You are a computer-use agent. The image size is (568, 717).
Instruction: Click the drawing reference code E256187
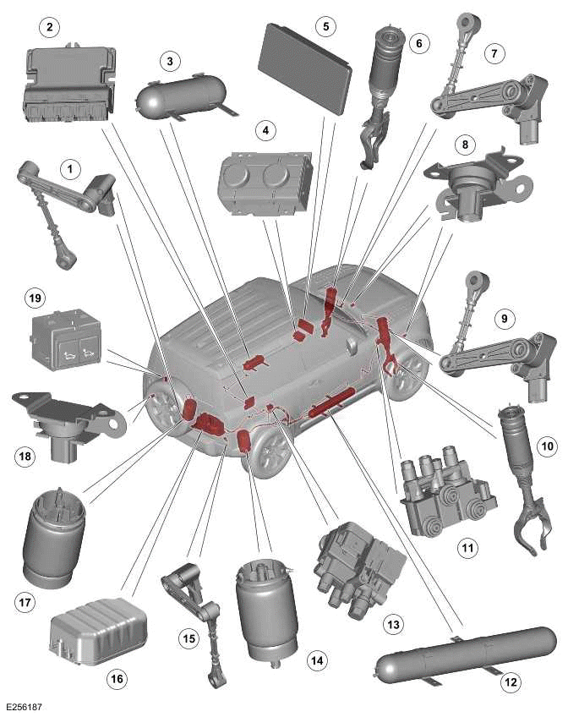(26, 703)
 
